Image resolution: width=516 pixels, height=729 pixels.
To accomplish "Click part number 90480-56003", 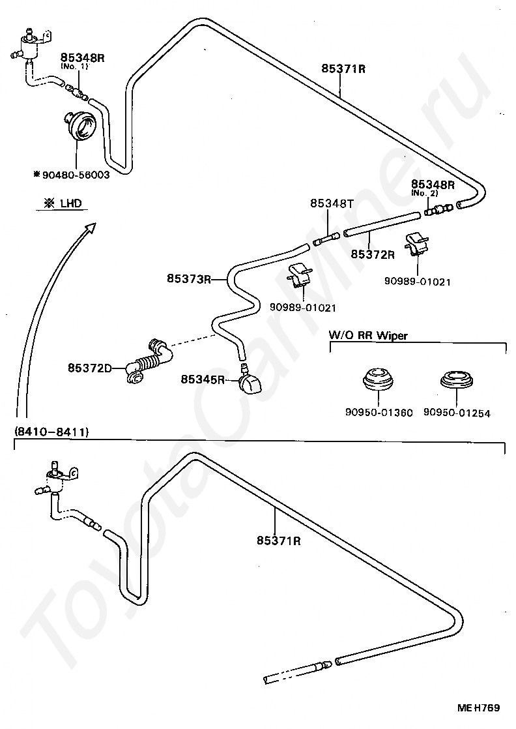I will click(x=75, y=175).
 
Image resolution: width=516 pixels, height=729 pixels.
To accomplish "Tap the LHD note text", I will click(x=63, y=203).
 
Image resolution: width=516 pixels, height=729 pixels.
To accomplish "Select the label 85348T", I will click(x=332, y=203).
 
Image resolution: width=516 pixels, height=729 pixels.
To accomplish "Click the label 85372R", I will click(x=373, y=254).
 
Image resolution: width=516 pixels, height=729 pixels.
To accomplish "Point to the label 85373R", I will click(x=188, y=279).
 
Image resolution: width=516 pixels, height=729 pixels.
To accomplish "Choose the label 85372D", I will click(x=89, y=368).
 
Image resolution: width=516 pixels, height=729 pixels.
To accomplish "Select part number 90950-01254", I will click(x=457, y=413).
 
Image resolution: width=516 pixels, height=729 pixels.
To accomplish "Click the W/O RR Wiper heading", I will click(x=368, y=336).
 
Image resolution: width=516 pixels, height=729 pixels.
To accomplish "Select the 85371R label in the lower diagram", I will click(x=278, y=541).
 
